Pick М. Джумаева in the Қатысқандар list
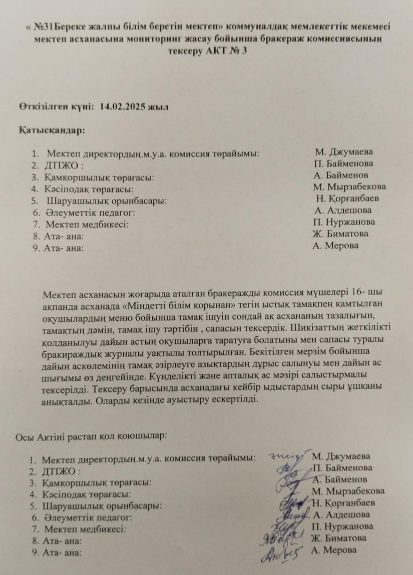(344, 151)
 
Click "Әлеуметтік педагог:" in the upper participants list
(90, 213)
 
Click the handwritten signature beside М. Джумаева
(287, 456)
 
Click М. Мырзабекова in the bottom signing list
(348, 491)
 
